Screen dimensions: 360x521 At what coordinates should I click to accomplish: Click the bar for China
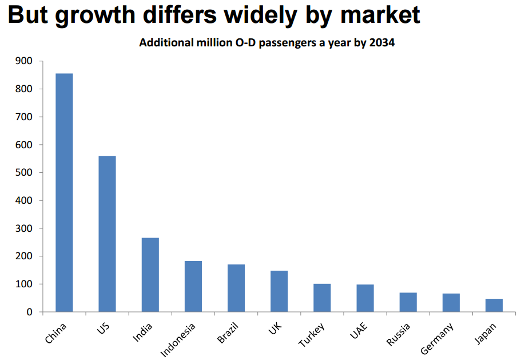pos(64,192)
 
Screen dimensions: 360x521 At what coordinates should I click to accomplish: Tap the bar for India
pos(150,275)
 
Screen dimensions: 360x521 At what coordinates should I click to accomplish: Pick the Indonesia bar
pos(193,286)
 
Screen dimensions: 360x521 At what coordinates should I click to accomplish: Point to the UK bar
pos(279,291)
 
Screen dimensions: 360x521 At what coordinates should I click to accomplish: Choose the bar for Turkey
pos(322,298)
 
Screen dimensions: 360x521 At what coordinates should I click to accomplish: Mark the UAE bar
pos(365,298)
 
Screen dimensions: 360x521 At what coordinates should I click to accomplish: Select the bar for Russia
pos(408,302)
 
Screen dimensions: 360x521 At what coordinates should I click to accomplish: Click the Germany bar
pos(451,303)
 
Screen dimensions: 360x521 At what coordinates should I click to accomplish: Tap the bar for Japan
pos(494,305)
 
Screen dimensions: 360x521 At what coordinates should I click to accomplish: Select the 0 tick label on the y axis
pos(30,312)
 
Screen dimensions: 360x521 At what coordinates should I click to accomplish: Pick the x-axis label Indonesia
pos(179,339)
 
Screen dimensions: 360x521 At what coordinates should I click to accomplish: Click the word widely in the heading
pos(271,15)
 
